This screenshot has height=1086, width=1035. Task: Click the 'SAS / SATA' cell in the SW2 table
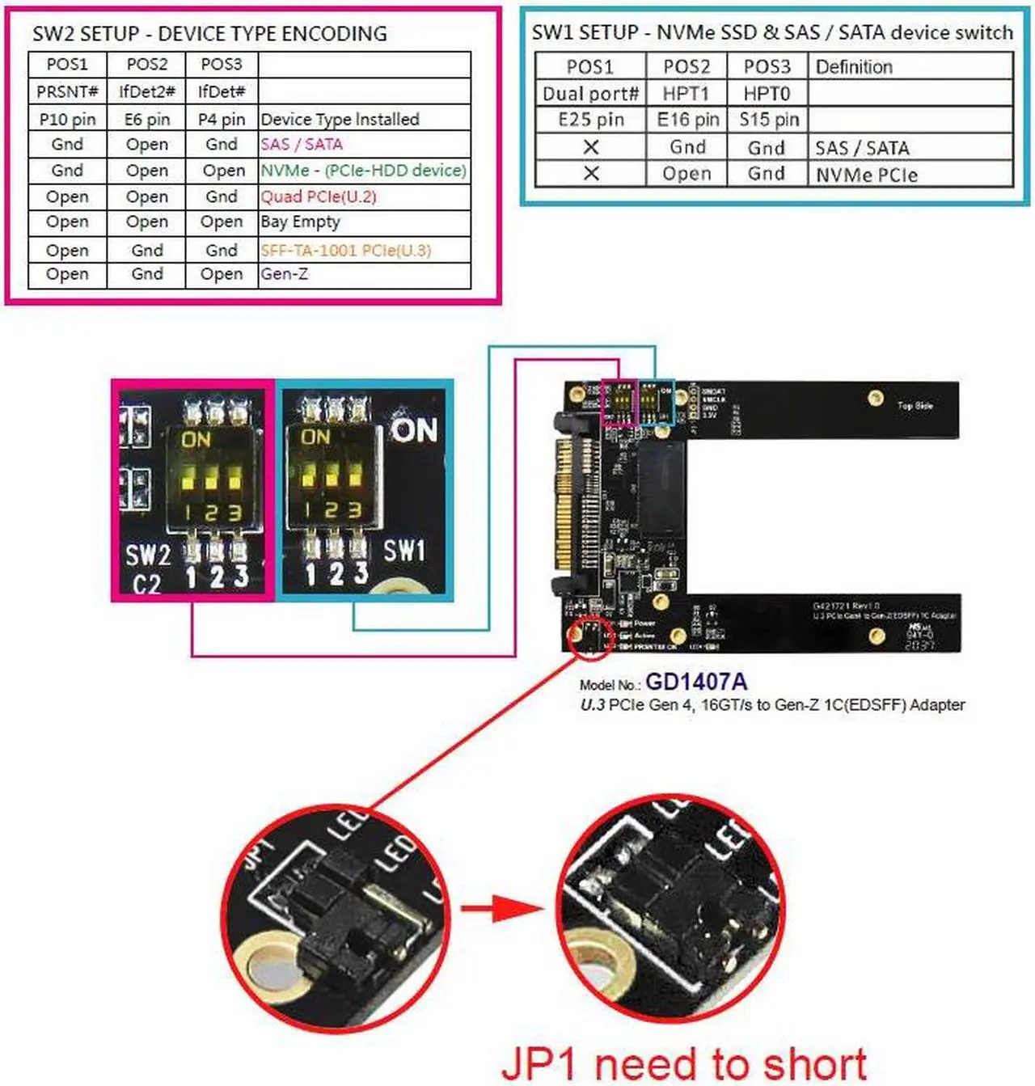tap(302, 145)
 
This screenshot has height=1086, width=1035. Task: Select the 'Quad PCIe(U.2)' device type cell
tap(318, 196)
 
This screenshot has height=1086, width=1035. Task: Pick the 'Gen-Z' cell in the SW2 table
tap(284, 274)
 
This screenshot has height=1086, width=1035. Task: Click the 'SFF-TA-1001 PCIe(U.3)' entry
tap(345, 250)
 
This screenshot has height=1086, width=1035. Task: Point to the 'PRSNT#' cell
tap(67, 91)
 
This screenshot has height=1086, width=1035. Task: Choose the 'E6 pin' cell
tap(147, 120)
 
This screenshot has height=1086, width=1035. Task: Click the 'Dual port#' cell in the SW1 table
tap(590, 94)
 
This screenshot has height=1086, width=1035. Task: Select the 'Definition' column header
tap(854, 67)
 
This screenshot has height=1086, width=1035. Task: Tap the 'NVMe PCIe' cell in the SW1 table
tap(866, 175)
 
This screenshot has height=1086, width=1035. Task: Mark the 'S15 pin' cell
tap(768, 120)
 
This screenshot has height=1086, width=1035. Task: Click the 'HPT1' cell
tap(686, 94)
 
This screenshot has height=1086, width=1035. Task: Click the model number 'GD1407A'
tap(695, 682)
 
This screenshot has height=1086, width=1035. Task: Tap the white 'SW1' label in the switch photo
tap(403, 551)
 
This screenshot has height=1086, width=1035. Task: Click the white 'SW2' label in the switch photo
tap(148, 556)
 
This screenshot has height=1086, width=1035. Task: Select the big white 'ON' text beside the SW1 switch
tap(414, 430)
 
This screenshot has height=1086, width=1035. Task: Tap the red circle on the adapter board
tap(590, 637)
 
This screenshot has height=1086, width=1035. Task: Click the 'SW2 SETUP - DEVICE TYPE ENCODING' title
tap(209, 34)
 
